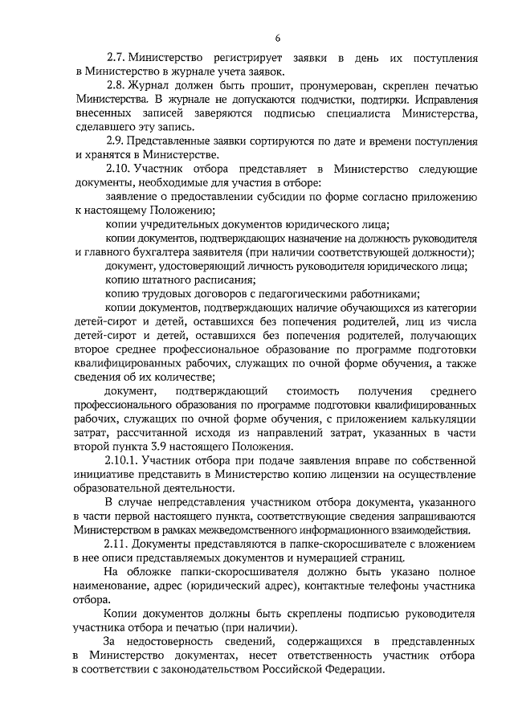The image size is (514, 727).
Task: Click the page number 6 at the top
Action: [x=277, y=37]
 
